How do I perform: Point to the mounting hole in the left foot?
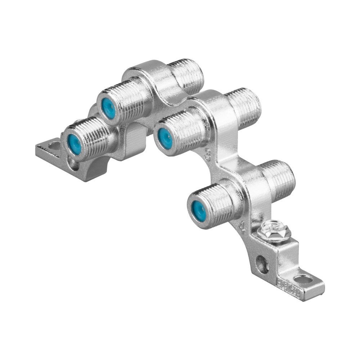(x=54, y=146)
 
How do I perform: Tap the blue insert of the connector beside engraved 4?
(x=197, y=207)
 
